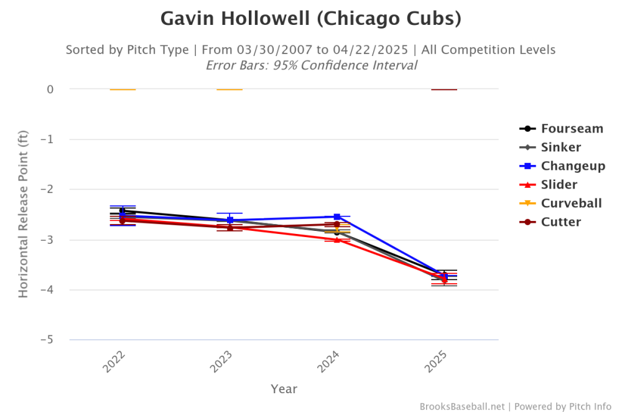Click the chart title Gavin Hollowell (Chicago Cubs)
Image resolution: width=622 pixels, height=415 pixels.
[x=311, y=19]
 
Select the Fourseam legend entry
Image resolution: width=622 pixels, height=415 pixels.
[x=572, y=129]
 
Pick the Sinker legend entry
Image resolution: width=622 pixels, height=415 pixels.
[x=560, y=147]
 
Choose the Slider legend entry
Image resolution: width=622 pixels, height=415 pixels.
[x=559, y=185]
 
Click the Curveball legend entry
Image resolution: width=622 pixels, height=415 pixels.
[x=571, y=203]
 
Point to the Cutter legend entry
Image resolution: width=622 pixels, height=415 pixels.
[x=560, y=222]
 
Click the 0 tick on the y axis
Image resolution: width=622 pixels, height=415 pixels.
[x=50, y=90]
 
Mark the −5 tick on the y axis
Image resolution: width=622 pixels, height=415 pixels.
[x=47, y=340]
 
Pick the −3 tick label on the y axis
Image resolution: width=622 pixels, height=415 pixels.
[x=47, y=240]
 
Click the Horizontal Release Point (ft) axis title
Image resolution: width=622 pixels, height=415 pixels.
[x=23, y=214]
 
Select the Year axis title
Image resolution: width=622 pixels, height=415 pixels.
[x=284, y=389]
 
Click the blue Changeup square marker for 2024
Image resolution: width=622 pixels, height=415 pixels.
[x=337, y=217]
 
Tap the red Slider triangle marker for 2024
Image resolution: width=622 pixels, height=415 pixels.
[x=337, y=240]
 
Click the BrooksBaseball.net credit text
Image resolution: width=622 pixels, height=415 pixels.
[x=462, y=406]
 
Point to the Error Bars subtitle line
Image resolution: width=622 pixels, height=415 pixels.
[x=311, y=65]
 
